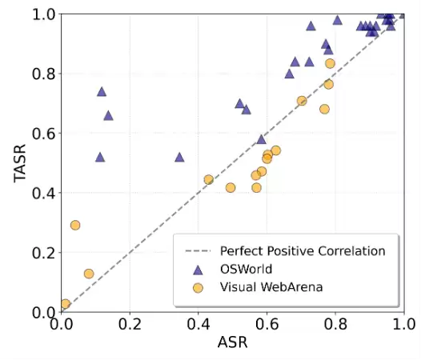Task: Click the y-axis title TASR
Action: click(19, 163)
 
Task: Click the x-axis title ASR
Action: click(233, 342)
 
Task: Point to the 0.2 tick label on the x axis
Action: click(130, 324)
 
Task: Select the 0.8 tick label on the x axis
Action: click(335, 324)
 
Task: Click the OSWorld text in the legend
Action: click(247, 270)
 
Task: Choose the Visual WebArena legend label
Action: click(271, 287)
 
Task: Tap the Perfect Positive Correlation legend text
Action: click(303, 251)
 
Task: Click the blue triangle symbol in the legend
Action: click(198, 270)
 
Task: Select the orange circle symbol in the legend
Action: click(198, 288)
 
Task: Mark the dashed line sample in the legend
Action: click(198, 251)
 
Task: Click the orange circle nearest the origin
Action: click(66, 304)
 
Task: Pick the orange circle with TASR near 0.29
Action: click(75, 225)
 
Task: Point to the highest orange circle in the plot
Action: click(330, 63)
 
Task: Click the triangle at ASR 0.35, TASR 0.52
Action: click(179, 158)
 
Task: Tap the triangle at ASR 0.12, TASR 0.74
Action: click(102, 92)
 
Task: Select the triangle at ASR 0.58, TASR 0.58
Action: click(261, 139)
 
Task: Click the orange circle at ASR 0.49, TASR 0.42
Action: click(231, 188)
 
